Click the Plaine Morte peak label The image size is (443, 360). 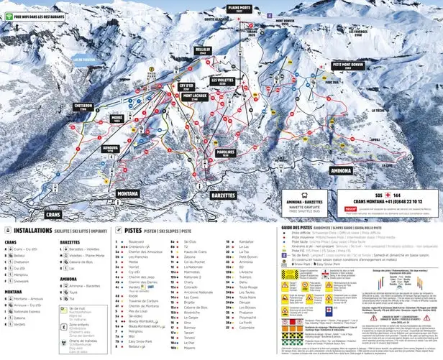(239, 9)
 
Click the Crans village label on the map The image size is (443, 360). (52, 214)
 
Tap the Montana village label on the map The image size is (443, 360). (129, 194)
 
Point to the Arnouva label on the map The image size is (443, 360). (110, 148)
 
